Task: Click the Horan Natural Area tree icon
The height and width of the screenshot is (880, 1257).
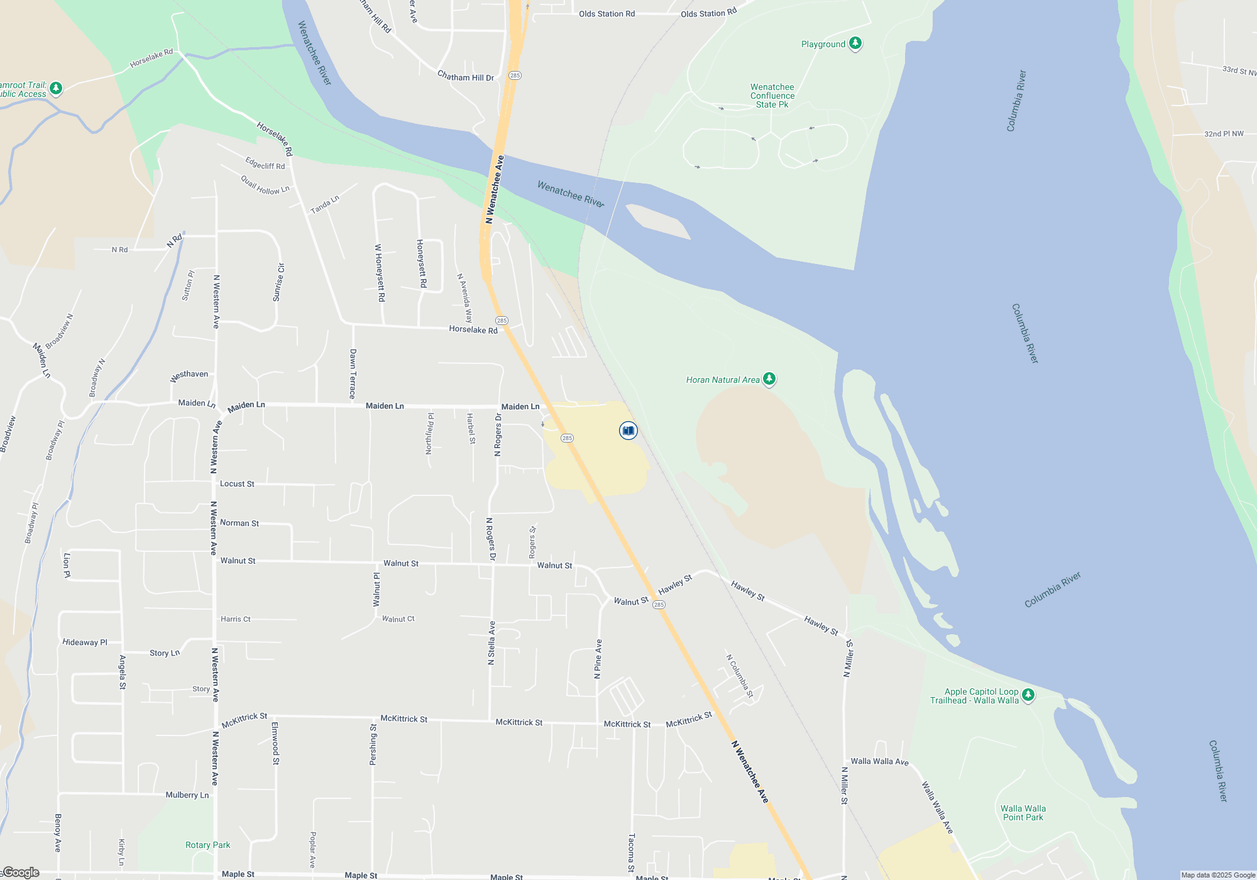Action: pyautogui.click(x=769, y=379)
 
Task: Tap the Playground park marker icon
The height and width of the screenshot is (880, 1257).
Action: pyautogui.click(x=855, y=43)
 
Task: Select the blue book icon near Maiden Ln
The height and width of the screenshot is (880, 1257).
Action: pyautogui.click(x=628, y=431)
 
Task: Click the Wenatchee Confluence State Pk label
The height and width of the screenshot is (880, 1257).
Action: pyautogui.click(x=772, y=96)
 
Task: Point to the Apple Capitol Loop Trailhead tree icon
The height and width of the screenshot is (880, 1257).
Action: pyautogui.click(x=1028, y=695)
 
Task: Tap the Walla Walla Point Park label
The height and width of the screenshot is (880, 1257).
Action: pyautogui.click(x=1023, y=813)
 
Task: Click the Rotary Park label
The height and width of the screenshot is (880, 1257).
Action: pyautogui.click(x=207, y=845)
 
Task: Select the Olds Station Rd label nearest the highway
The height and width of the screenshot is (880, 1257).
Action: pyautogui.click(x=607, y=14)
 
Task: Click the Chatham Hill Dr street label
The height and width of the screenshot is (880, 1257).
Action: pyautogui.click(x=465, y=77)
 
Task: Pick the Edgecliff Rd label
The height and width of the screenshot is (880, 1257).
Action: pyautogui.click(x=265, y=163)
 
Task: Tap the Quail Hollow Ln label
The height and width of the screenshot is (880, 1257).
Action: pyautogui.click(x=265, y=185)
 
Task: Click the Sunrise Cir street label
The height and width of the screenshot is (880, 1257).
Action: pyautogui.click(x=278, y=282)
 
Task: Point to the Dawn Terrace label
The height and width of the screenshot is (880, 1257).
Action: pyautogui.click(x=353, y=374)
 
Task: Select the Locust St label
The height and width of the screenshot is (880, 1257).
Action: pyautogui.click(x=237, y=484)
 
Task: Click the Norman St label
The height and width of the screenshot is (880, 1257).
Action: pyautogui.click(x=239, y=523)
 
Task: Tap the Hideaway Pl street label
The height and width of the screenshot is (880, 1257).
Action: pyautogui.click(x=85, y=642)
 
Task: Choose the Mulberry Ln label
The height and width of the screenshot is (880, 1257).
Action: pyautogui.click(x=187, y=795)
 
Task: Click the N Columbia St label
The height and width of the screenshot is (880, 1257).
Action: pyautogui.click(x=740, y=676)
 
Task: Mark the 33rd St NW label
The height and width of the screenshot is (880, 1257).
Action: pyautogui.click(x=1238, y=70)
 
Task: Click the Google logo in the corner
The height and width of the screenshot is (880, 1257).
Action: pyautogui.click(x=21, y=872)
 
